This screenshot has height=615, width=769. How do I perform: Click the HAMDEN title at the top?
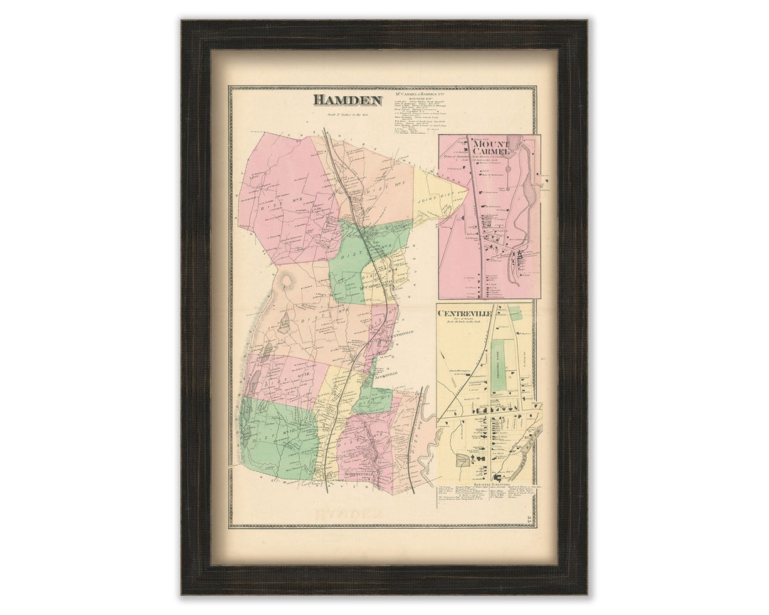click(347, 100)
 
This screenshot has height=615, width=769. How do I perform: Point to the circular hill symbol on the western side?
click(289, 282)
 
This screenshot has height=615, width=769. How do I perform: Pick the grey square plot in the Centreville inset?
click(464, 461)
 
